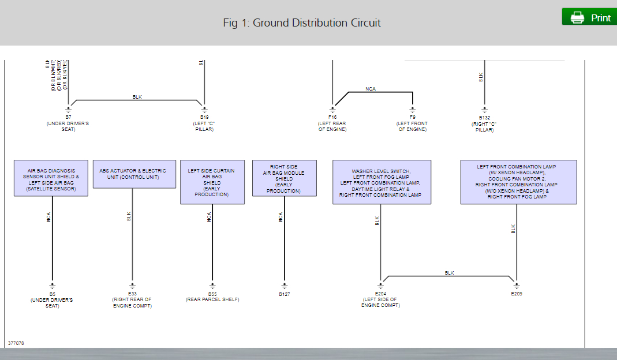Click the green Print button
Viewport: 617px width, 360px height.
click(x=589, y=17)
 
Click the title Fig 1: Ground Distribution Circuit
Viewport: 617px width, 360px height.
click(x=302, y=23)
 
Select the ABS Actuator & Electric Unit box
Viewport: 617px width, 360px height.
click(x=134, y=174)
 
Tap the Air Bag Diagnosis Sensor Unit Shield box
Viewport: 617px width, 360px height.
click(x=51, y=179)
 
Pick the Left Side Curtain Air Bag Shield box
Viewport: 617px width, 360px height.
click(x=212, y=182)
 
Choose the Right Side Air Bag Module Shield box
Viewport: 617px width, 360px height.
click(x=284, y=178)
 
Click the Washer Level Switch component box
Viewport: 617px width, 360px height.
click(x=382, y=182)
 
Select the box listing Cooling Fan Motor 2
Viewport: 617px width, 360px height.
click(x=518, y=182)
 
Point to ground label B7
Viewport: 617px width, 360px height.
click(x=68, y=117)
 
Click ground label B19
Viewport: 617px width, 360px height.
click(x=204, y=117)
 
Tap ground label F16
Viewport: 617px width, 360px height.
click(x=332, y=117)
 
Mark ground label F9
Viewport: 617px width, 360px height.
click(x=412, y=117)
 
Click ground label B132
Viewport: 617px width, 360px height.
click(x=484, y=117)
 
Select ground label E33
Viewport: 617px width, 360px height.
click(x=132, y=293)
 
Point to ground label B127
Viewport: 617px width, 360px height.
click(x=284, y=294)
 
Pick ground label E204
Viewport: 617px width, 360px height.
click(x=380, y=293)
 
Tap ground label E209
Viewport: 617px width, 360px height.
click(x=516, y=293)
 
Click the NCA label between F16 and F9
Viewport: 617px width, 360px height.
click(x=371, y=89)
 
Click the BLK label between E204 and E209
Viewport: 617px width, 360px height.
click(x=450, y=272)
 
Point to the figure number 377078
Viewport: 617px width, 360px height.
click(x=16, y=343)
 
